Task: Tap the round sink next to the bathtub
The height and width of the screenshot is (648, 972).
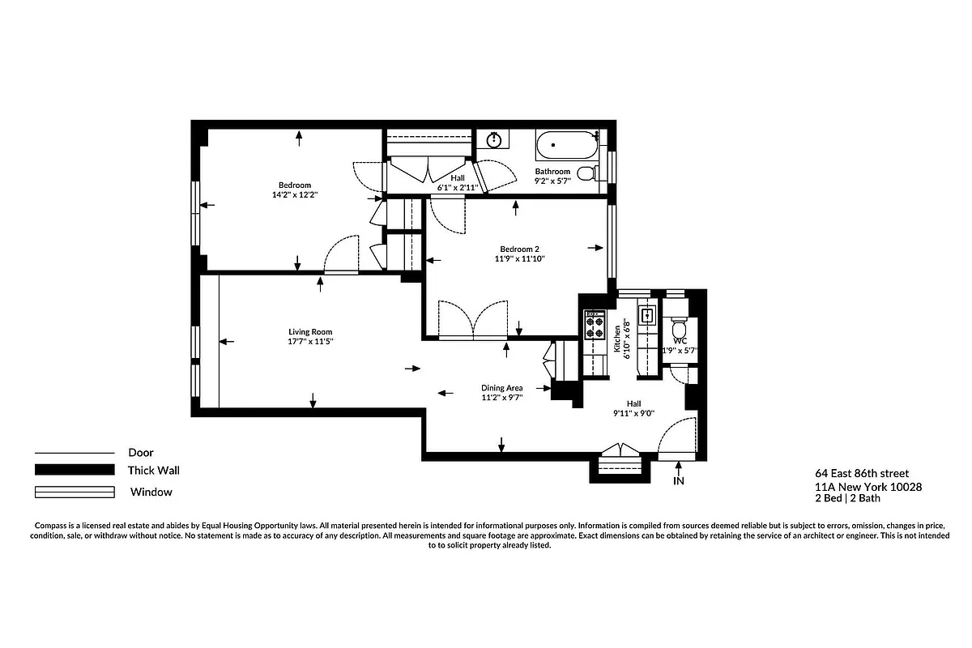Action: (x=494, y=140)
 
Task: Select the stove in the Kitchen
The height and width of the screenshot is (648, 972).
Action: (x=595, y=325)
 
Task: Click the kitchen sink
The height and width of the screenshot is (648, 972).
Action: (x=647, y=313)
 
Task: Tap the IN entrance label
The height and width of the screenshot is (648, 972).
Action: (x=679, y=481)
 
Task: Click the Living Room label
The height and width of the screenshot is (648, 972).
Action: (x=310, y=332)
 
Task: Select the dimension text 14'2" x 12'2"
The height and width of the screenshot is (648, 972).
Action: (x=295, y=194)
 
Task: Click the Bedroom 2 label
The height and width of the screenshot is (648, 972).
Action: (x=519, y=249)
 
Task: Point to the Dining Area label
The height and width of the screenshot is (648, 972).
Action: (x=502, y=388)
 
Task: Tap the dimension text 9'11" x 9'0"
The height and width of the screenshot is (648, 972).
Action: (x=633, y=413)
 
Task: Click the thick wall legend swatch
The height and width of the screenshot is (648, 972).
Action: (x=74, y=470)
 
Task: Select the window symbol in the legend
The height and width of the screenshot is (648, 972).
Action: (x=74, y=492)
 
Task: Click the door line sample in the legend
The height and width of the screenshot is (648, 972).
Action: (x=74, y=453)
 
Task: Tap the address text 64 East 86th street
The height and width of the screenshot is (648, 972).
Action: (x=862, y=473)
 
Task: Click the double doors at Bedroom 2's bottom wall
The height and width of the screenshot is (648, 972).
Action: (x=473, y=319)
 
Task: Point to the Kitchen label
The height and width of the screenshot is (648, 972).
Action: (x=617, y=339)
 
